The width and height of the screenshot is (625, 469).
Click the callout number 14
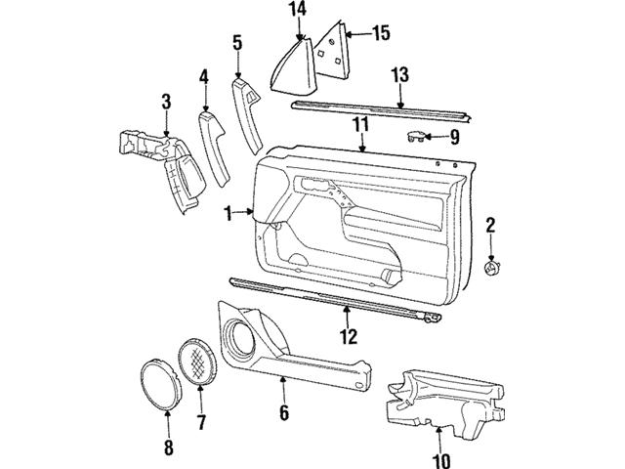(x=297, y=11)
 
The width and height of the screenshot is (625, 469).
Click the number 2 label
(x=490, y=227)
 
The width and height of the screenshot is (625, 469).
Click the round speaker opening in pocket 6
(x=238, y=340)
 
